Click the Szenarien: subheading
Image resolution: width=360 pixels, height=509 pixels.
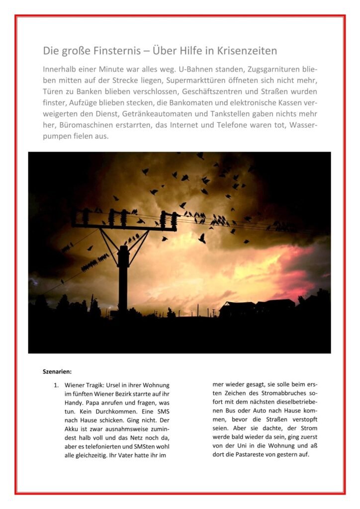click(x=58, y=371)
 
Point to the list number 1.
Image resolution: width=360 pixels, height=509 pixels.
click(x=56, y=385)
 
